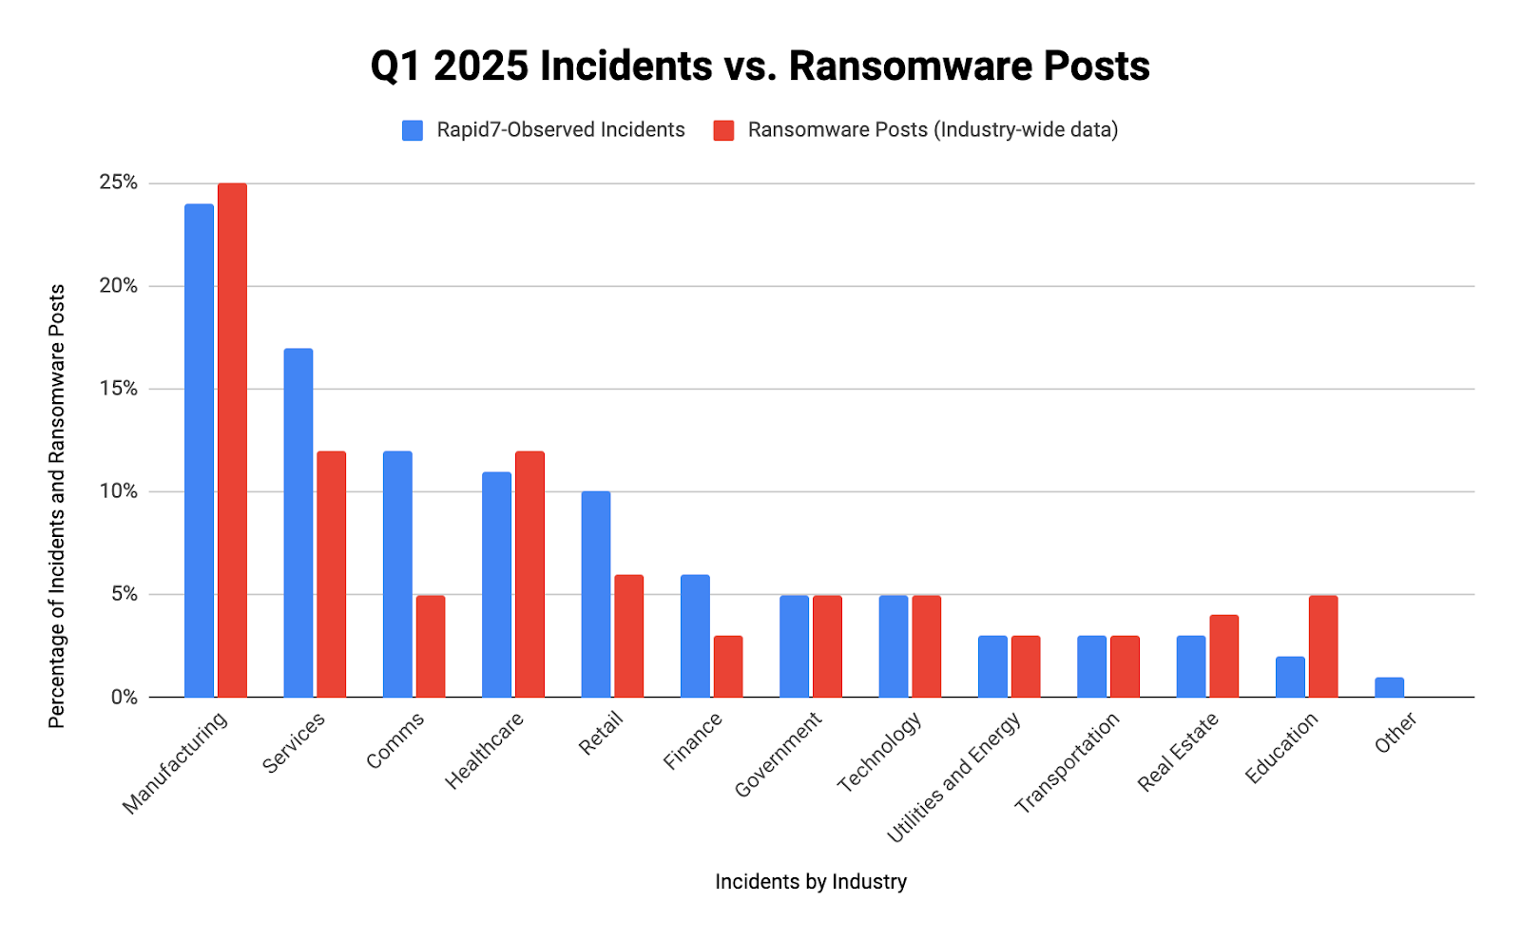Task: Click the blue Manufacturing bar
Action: click(199, 451)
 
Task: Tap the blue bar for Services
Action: click(298, 523)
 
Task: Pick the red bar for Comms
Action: click(431, 646)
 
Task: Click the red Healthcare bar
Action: click(529, 574)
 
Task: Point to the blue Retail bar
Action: click(596, 594)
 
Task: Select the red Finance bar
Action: click(728, 666)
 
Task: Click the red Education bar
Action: click(1323, 646)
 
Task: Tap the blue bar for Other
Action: click(1389, 687)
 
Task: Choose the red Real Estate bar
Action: click(1223, 656)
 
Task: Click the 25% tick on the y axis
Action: click(118, 182)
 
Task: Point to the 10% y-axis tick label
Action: click(118, 491)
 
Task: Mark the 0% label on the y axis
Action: click(124, 698)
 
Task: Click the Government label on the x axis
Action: click(778, 756)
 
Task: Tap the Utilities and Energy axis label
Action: click(953, 777)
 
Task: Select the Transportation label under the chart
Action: click(1067, 763)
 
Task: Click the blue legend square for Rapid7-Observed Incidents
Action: click(413, 130)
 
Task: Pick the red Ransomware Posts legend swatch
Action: click(723, 130)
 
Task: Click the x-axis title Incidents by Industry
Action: click(811, 882)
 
